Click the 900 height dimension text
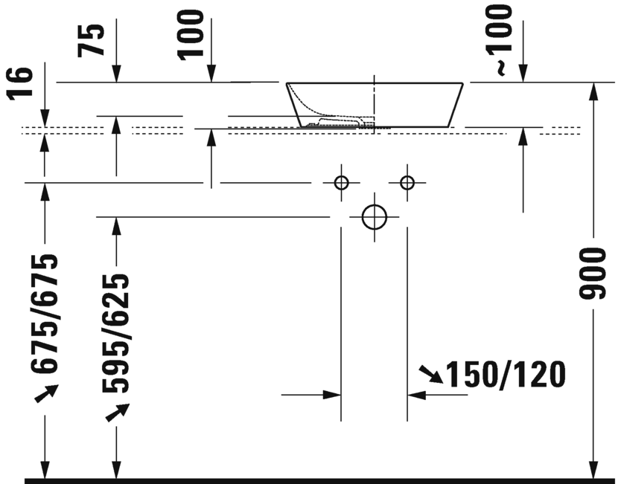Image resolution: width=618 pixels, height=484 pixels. (x=591, y=274)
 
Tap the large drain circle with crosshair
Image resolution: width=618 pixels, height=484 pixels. (x=374, y=217)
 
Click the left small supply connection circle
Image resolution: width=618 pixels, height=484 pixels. (x=341, y=182)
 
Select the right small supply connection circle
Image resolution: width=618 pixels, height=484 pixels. (x=407, y=182)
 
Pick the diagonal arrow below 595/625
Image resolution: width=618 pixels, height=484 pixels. (x=116, y=412)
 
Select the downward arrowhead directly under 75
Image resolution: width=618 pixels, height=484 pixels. (x=116, y=74)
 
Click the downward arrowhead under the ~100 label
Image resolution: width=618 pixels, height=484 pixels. (x=523, y=74)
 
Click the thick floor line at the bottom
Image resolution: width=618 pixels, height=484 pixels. (x=320, y=480)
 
